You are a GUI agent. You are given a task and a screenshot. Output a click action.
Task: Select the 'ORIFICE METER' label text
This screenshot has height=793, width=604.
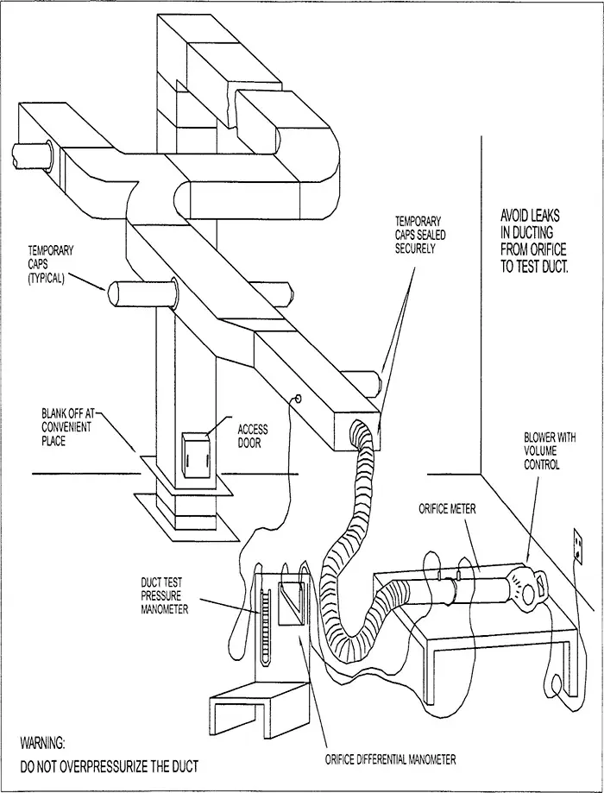[448, 509]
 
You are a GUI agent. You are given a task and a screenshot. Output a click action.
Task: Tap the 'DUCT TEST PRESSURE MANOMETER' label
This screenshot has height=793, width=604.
[167, 596]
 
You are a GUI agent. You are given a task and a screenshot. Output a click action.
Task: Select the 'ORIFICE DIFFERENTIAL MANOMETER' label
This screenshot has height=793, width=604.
[390, 759]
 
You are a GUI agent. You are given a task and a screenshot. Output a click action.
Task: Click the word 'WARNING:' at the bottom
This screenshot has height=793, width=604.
[42, 742]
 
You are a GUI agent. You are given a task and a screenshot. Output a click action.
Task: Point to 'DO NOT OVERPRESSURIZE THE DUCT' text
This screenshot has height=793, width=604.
[109, 766]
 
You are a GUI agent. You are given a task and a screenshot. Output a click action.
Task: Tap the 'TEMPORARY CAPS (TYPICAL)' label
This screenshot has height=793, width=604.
[51, 264]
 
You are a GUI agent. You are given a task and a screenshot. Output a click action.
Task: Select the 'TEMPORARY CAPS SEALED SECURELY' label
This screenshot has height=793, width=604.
[420, 235]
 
